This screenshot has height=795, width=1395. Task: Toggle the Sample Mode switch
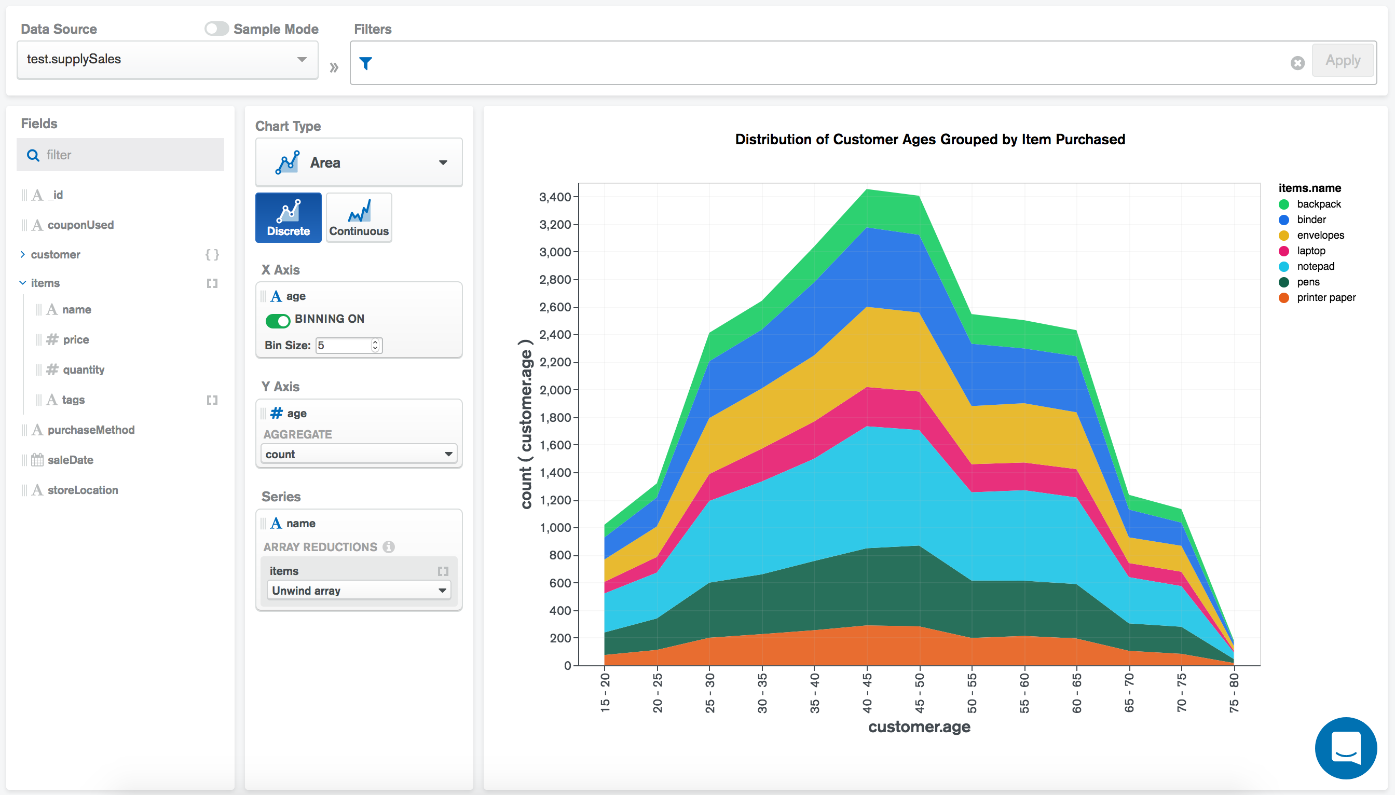[x=217, y=29]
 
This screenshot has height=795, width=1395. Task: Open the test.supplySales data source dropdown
[x=167, y=60]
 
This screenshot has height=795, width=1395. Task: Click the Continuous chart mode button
[x=359, y=217]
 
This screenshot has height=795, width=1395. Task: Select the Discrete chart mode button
[x=288, y=217]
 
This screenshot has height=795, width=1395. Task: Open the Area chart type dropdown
[x=359, y=163]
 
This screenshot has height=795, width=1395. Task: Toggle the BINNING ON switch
[x=278, y=321]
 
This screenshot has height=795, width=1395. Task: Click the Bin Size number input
[x=344, y=346]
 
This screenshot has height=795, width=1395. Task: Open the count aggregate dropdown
[x=358, y=454]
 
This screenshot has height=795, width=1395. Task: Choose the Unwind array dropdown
[x=358, y=591]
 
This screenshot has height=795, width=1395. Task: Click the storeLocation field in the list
[x=83, y=490]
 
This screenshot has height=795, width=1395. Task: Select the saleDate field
[x=70, y=460]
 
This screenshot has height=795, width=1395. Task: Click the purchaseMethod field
[x=91, y=430]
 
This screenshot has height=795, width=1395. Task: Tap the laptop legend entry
[x=1310, y=251]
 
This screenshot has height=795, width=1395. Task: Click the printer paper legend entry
[x=1325, y=297]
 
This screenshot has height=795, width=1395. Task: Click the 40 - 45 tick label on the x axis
[x=867, y=693]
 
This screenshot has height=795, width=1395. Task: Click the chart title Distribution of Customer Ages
[x=929, y=140]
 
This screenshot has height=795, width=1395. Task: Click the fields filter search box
[x=120, y=155]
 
